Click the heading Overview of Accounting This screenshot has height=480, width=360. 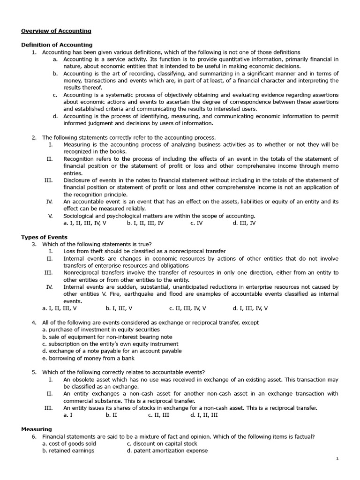(56, 31)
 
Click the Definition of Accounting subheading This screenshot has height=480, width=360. (53, 45)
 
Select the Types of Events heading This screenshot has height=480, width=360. (44, 237)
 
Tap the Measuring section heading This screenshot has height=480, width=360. (37, 429)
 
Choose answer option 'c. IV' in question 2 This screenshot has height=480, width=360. (196, 223)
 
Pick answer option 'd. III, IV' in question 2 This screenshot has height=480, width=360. (244, 223)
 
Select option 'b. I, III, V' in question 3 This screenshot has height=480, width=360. (119, 308)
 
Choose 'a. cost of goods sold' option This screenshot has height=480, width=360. (69, 443)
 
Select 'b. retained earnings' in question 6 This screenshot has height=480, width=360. (68, 450)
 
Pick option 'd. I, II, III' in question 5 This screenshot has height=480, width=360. (204, 415)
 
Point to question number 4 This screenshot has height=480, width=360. (34, 322)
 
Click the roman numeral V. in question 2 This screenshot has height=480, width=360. (50, 216)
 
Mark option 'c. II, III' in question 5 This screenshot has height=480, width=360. (158, 415)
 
